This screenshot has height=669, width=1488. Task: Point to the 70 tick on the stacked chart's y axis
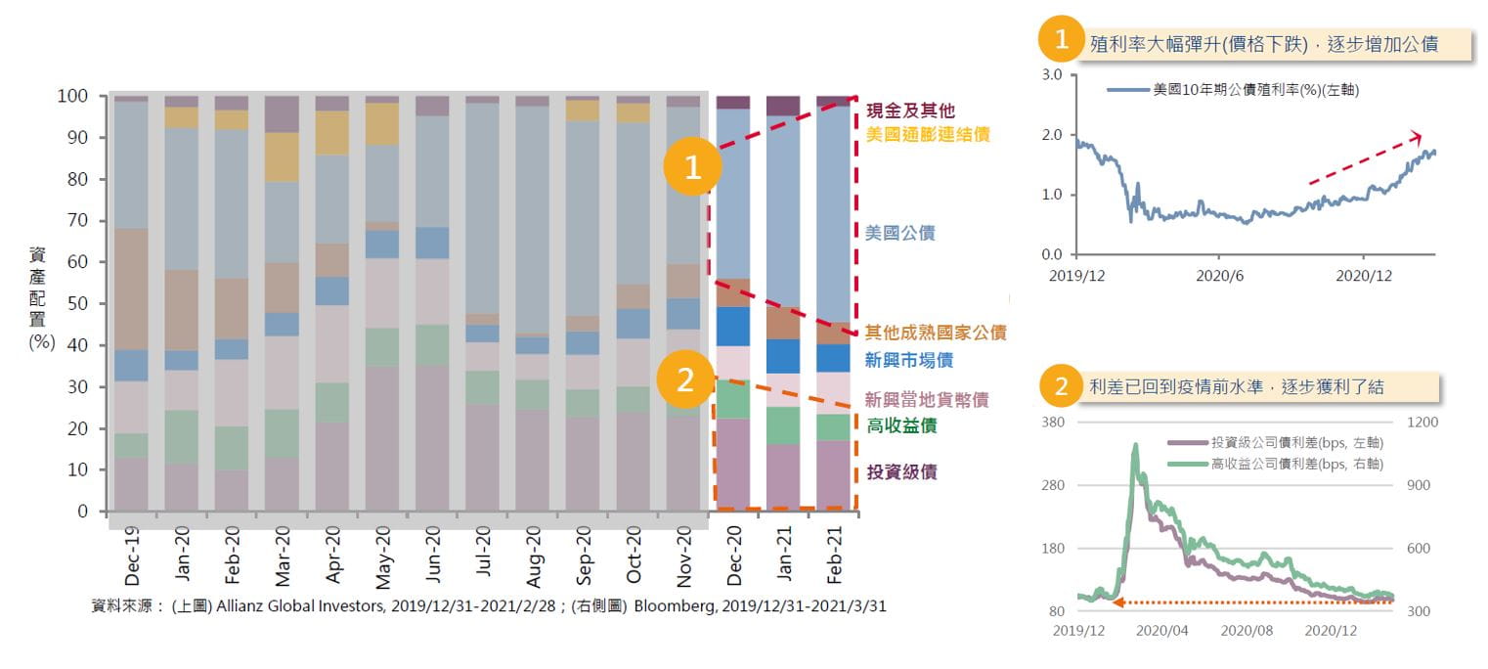click(x=77, y=221)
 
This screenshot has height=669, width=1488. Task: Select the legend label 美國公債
click(x=900, y=233)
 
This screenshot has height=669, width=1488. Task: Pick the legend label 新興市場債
click(x=910, y=360)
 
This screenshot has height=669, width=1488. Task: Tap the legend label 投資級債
click(x=901, y=471)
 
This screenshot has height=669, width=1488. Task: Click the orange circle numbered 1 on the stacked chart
click(x=693, y=167)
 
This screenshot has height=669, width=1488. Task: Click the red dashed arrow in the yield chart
click(x=1365, y=157)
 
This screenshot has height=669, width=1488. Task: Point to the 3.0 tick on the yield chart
click(x=1052, y=75)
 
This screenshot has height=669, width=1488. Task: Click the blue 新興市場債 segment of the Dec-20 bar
click(x=733, y=327)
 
